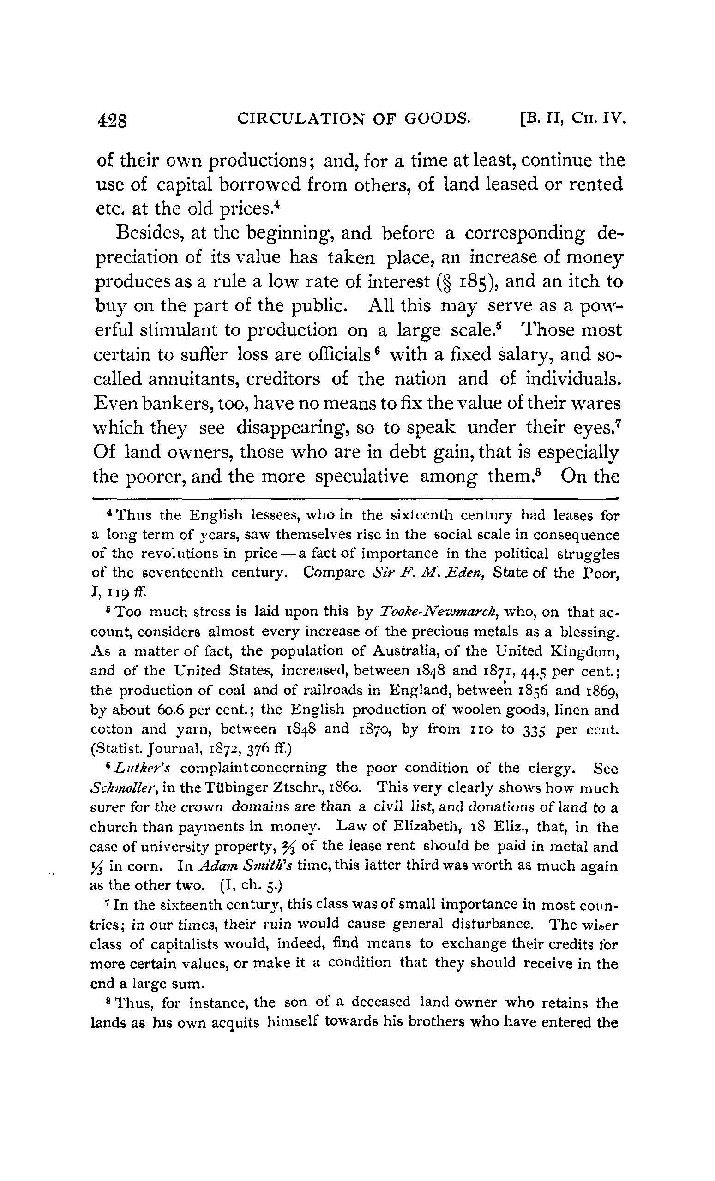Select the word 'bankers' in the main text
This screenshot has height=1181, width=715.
pyautogui.click(x=175, y=404)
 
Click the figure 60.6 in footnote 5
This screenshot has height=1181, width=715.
pyautogui.click(x=166, y=710)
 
